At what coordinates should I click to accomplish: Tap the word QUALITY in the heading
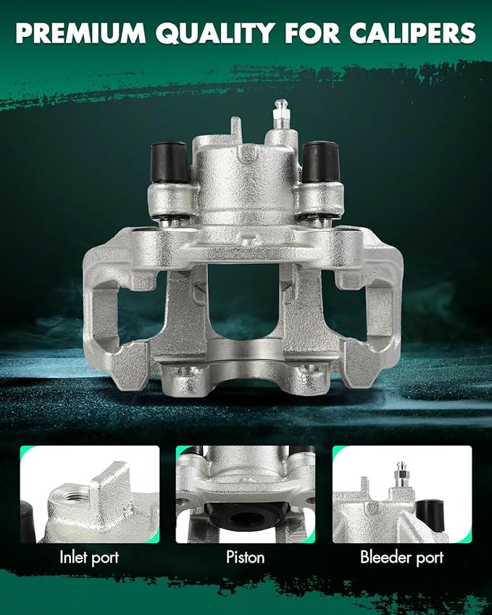click(215, 34)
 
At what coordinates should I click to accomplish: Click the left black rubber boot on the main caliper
click(169, 162)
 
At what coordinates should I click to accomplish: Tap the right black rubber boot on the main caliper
click(320, 162)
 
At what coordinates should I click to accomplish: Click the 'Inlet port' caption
click(89, 557)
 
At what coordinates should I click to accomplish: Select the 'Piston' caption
click(245, 557)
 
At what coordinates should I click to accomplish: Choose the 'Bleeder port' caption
click(401, 557)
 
